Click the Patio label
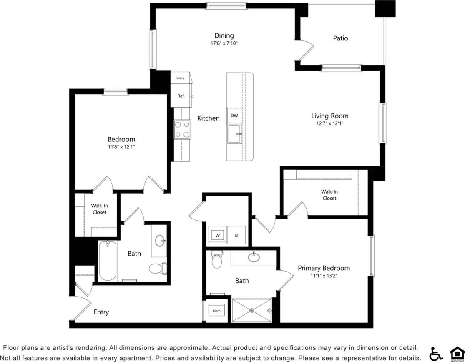pos(340,38)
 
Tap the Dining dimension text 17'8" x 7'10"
pos(224,43)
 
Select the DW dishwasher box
pos(234,116)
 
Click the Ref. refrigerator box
pos(181,96)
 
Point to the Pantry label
pos(180,78)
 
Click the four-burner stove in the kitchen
pos(182,129)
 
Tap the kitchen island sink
pos(234,134)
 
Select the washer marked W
pos(217,235)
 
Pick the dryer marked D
pos(236,235)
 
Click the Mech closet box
pos(216,311)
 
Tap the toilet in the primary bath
pos(216,259)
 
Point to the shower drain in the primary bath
pos(251,310)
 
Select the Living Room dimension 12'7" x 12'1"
pos(329,123)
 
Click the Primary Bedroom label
pos(324,268)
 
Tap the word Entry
pos(101,312)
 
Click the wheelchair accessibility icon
pos(436,354)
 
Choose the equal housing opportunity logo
pos(456,354)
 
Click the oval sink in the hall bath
pos(160,240)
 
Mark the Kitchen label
pos(208,118)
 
